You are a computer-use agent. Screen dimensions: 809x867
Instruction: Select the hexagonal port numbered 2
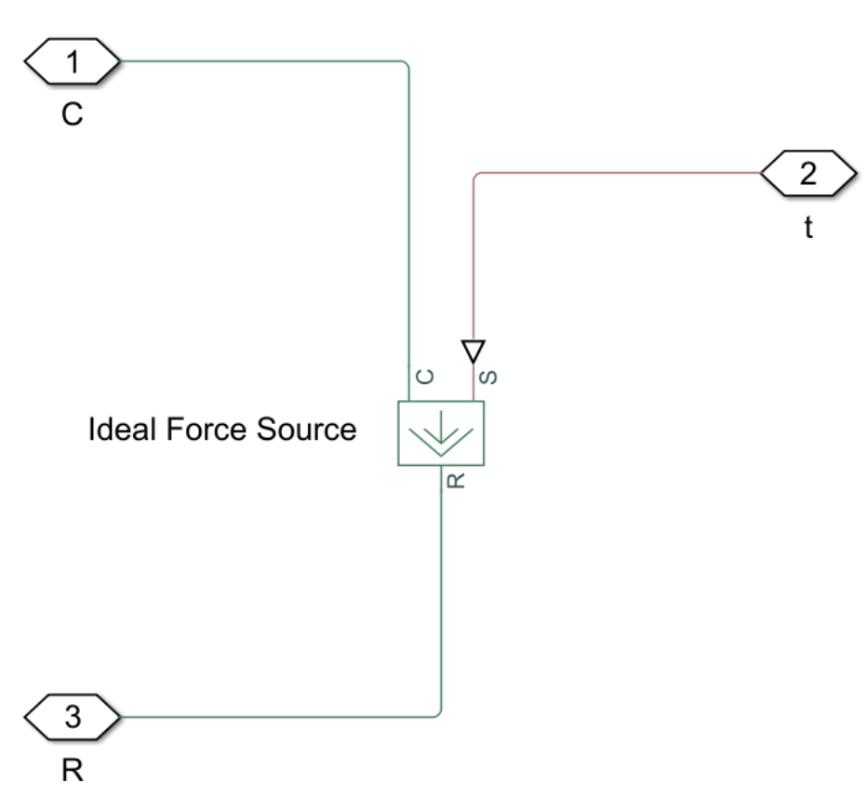click(807, 174)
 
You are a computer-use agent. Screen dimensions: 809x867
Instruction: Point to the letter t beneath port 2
click(807, 229)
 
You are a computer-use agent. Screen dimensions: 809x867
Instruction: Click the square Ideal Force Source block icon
click(441, 433)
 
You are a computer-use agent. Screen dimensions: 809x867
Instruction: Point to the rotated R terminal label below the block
click(456, 482)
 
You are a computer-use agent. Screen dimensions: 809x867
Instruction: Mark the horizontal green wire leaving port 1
click(260, 62)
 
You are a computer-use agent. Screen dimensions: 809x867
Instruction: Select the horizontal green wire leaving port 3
click(279, 717)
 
